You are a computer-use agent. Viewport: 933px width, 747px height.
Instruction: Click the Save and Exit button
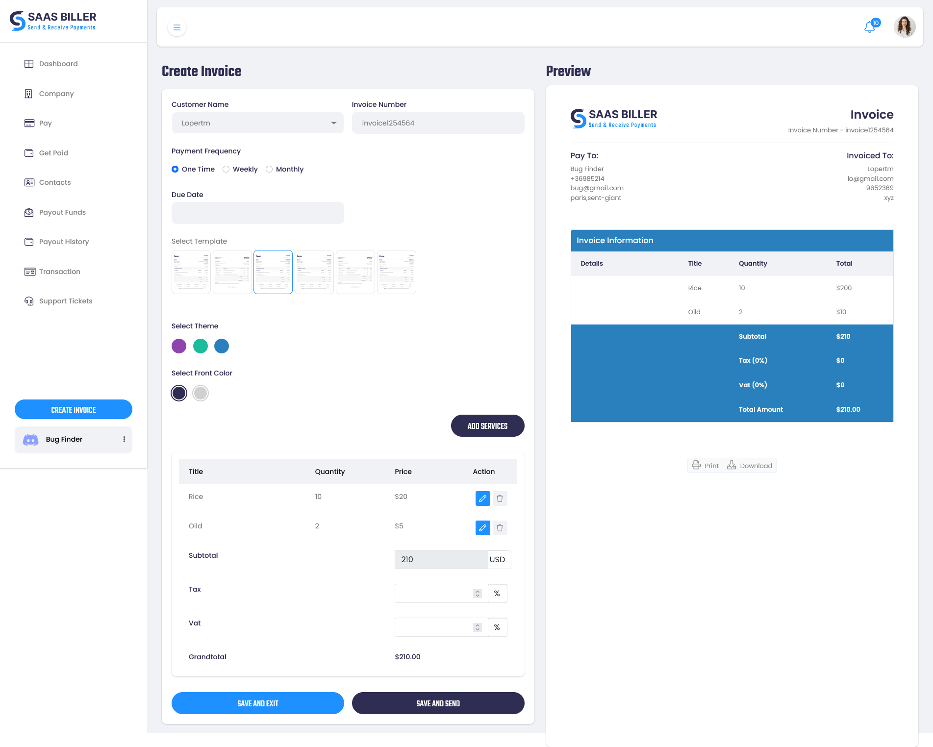pos(257,703)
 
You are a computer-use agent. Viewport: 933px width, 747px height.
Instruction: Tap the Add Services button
pos(487,426)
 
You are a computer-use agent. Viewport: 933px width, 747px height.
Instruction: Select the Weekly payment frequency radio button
pos(226,169)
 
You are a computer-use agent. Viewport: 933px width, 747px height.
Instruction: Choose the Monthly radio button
pos(269,169)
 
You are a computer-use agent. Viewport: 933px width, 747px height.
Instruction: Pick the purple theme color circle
pos(179,346)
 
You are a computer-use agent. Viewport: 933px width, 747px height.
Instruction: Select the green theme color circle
pos(201,346)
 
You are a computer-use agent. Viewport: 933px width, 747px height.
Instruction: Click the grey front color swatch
pos(201,393)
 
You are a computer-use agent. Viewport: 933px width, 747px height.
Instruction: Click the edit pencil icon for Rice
pos(482,498)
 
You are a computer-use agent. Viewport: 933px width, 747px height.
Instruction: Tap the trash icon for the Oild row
pos(500,528)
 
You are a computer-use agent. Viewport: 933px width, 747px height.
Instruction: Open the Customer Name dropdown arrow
pos(334,123)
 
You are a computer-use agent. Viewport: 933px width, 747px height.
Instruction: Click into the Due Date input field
pos(257,213)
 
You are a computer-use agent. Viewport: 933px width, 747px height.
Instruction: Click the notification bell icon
pos(869,27)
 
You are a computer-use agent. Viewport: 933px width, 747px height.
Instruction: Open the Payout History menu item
pos(64,242)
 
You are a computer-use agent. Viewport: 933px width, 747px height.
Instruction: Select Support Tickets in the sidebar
pos(65,301)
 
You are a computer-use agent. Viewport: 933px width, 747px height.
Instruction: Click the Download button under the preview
pos(750,466)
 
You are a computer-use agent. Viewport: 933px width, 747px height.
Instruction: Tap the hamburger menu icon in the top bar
pos(177,27)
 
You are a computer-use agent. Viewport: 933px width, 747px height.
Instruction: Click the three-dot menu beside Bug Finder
pos(124,439)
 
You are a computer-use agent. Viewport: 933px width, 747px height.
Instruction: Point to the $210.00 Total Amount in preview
pos(848,409)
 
